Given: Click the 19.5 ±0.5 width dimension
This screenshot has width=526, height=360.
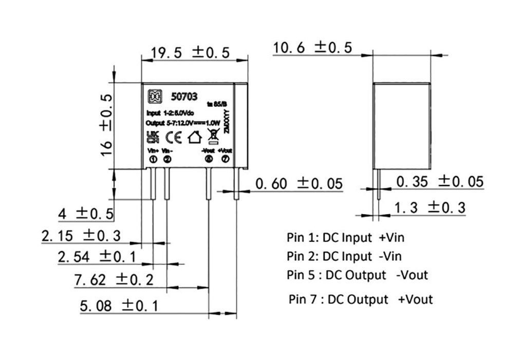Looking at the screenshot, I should click(190, 52).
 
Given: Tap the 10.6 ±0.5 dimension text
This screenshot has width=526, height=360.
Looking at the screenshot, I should click(312, 48).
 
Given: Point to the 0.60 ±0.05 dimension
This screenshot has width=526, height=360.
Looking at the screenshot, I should click(298, 184).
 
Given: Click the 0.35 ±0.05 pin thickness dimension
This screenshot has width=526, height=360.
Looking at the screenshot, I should click(440, 182).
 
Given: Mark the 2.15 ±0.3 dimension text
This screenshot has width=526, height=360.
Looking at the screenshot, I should click(81, 236).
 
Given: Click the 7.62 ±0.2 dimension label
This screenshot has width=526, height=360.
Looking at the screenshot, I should click(114, 280).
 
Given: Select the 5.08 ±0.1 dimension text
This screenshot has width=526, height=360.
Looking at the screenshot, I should click(119, 307).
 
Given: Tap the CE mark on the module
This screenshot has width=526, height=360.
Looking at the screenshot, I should click(174, 137).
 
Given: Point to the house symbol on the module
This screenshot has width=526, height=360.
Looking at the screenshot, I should click(195, 137).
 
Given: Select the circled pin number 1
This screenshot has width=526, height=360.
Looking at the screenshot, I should click(153, 159).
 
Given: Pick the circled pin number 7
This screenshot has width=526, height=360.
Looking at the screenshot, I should click(225, 159).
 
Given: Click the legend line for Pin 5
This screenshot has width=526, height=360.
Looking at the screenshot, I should click(357, 275).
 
